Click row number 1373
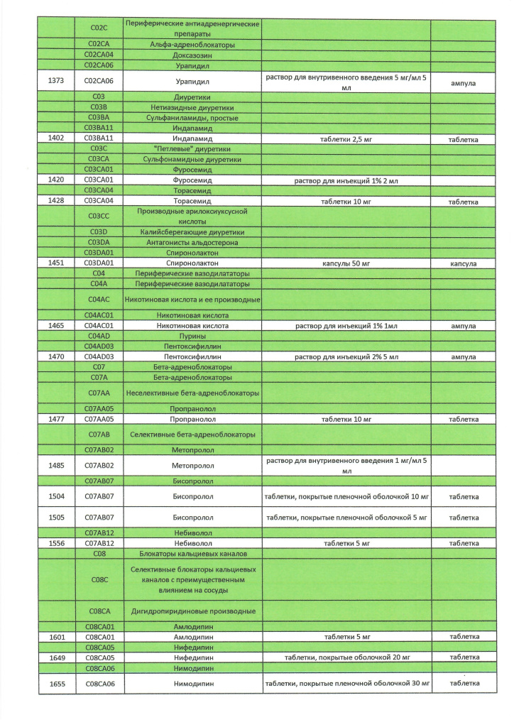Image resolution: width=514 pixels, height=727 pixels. [57, 81]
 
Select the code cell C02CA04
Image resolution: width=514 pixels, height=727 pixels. [99, 55]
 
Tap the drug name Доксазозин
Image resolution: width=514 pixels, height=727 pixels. [192, 55]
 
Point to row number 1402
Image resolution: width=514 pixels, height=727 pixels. [57, 139]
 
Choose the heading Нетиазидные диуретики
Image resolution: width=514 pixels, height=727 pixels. [192, 107]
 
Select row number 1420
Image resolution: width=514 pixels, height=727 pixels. [57, 180]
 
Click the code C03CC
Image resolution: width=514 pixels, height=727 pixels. [99, 217]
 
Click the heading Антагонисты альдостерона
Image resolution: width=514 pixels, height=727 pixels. [192, 242]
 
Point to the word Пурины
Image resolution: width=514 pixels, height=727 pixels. [192, 336]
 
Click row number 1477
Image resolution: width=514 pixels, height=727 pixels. [57, 420]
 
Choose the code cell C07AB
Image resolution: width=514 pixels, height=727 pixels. [99, 434]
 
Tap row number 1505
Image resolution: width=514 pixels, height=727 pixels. [57, 518]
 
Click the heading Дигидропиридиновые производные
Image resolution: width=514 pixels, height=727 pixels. [192, 611]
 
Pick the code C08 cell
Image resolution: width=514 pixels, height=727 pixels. [99, 554]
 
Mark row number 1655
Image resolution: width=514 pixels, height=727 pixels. [57, 684]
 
